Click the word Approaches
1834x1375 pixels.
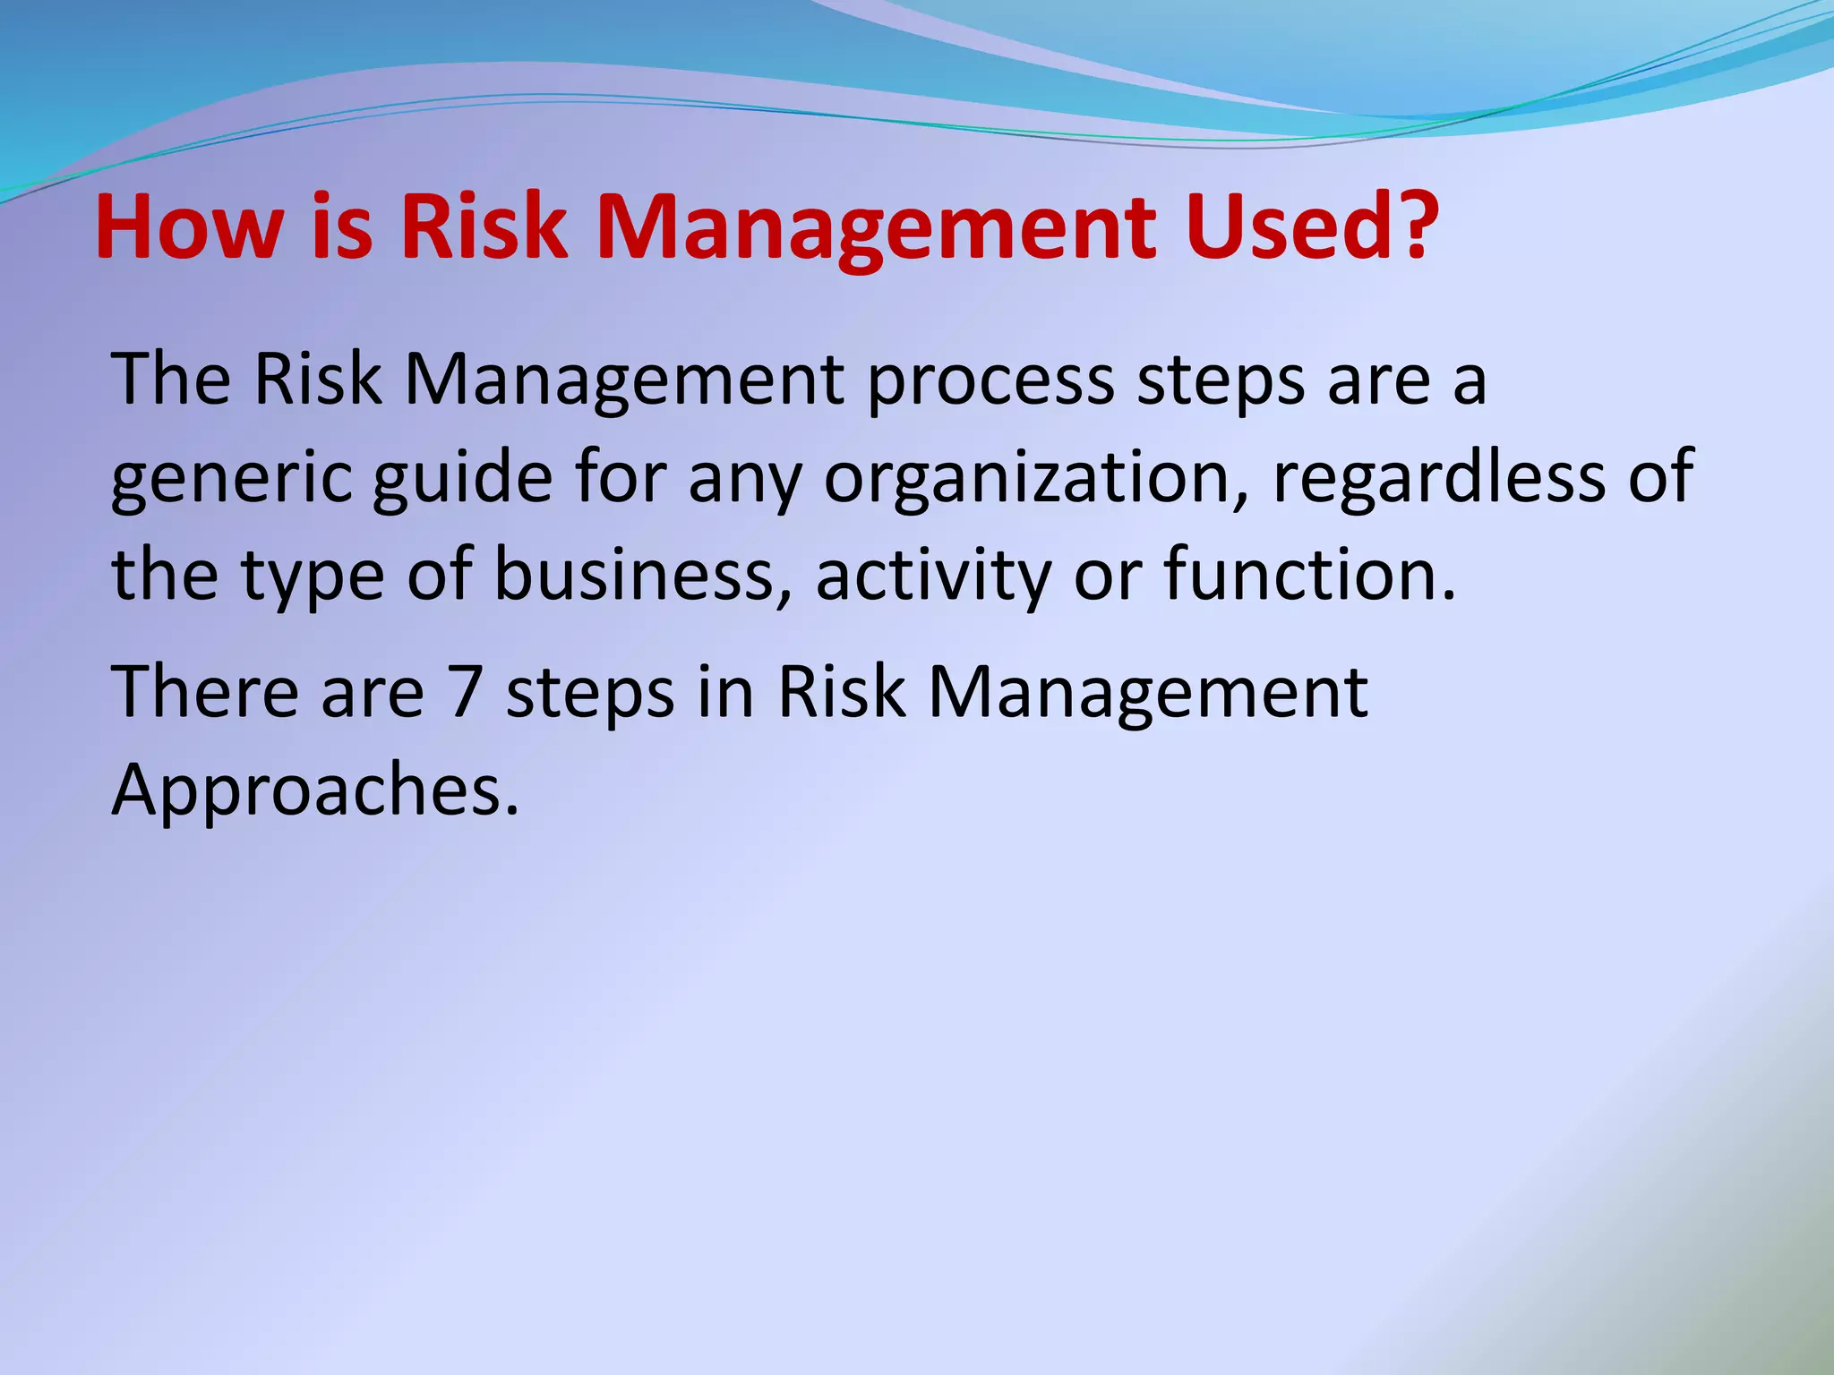[x=314, y=791]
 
